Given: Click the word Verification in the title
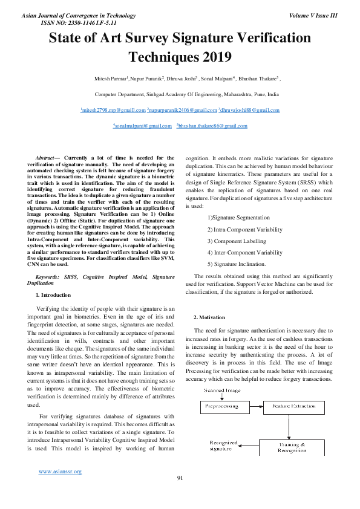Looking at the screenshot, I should tap(266, 39).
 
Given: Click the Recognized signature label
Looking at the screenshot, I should tap(223, 446).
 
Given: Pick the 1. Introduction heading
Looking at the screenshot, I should tap(53, 295).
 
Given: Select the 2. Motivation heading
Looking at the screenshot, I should tap(209, 317).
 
